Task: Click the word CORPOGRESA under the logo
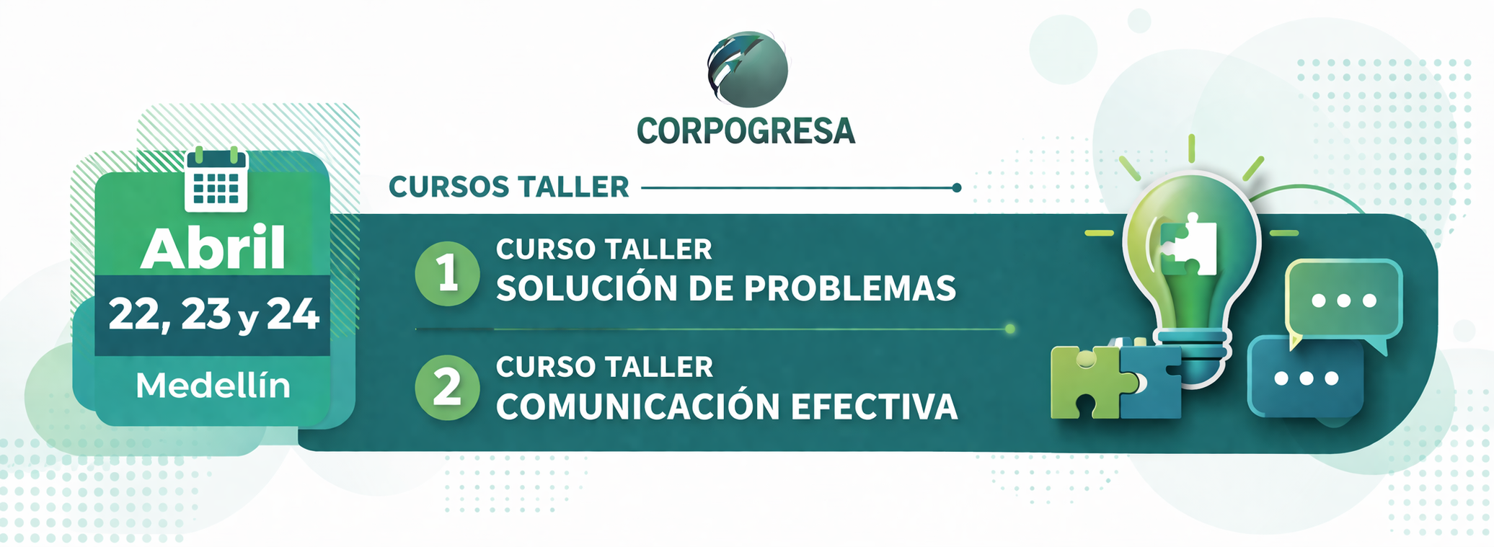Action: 746,131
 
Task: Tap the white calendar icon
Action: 216,180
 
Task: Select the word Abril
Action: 213,249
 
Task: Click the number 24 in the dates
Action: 293,315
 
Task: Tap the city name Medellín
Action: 213,386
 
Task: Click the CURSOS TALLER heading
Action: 509,187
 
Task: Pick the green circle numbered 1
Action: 447,274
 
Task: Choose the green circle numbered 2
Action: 447,388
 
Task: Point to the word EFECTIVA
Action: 874,406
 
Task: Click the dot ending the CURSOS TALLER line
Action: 957,188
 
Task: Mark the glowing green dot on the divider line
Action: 1010,329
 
